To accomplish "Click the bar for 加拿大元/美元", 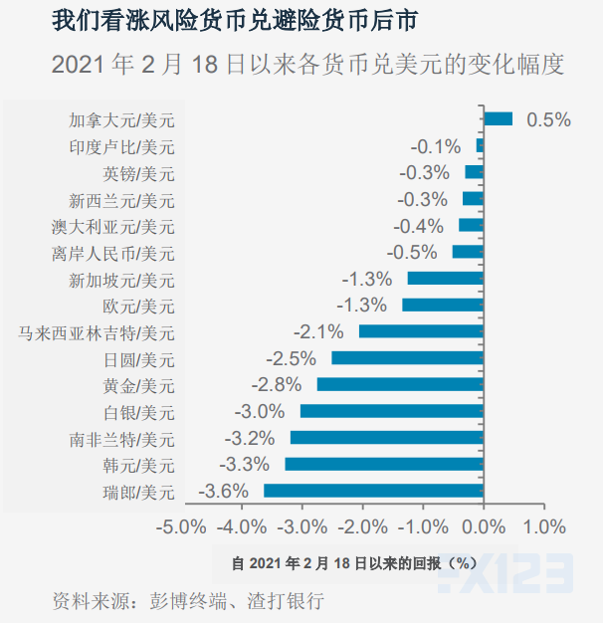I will pos(498,119).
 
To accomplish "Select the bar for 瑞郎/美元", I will pos(373,491).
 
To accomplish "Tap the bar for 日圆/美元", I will pos(407,358).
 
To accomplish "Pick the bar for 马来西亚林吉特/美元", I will pos(420,331).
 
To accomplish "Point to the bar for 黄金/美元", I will pos(399,384).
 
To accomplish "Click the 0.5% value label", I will pos(548,119).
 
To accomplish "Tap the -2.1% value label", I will pos(318,331).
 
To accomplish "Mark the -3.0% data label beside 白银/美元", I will pos(261,411).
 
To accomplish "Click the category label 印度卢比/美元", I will pos(121,146).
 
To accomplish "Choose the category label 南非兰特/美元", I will pos(121,438).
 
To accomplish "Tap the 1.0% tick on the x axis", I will pos(543,525).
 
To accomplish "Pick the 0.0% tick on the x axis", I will pos(483,525).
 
